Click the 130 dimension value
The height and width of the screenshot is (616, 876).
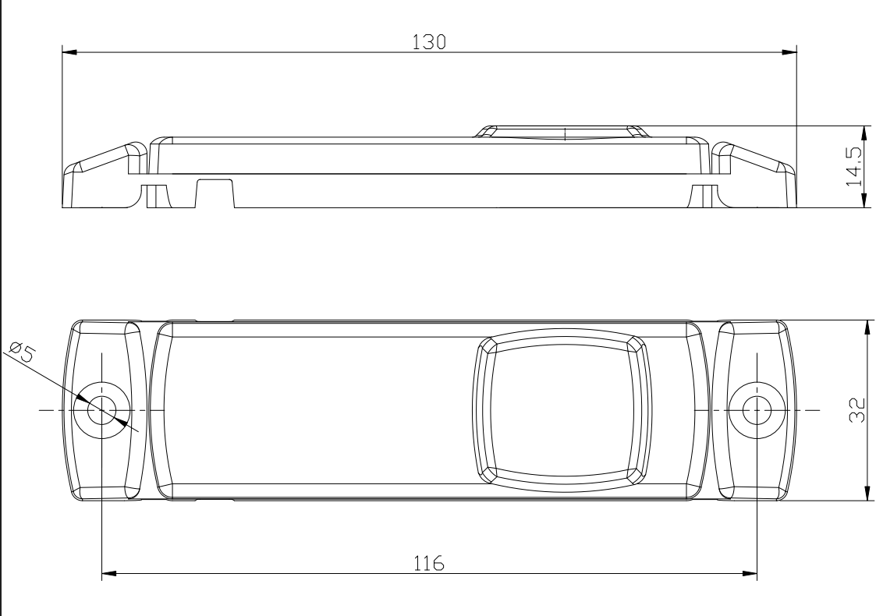point(429,42)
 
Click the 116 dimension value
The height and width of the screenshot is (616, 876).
point(429,562)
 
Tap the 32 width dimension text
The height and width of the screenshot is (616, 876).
point(856,410)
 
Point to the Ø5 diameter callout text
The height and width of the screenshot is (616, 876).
point(23,352)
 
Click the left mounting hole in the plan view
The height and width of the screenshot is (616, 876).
point(101,409)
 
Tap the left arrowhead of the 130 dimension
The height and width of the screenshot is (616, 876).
point(69,53)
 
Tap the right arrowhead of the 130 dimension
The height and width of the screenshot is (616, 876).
point(789,53)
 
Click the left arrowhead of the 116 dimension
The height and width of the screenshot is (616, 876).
point(109,574)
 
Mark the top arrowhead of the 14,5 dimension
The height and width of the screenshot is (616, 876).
point(864,133)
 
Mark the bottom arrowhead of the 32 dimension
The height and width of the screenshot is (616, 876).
point(866,492)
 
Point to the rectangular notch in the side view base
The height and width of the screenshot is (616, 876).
point(215,193)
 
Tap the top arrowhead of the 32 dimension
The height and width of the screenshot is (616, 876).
point(866,327)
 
